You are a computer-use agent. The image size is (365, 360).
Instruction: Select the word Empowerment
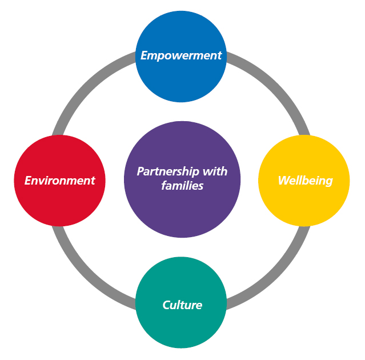click(x=182, y=55)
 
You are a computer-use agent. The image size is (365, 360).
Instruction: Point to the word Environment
click(x=59, y=181)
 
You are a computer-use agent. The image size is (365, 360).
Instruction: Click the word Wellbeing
click(x=305, y=181)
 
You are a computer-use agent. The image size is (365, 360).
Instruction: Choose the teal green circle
click(x=182, y=326)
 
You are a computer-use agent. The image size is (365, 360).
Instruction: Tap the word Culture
click(x=182, y=305)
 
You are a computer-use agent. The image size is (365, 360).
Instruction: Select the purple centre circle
click(x=182, y=211)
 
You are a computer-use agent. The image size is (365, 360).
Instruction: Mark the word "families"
click(x=182, y=186)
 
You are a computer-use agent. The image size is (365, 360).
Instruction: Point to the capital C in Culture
click(x=166, y=305)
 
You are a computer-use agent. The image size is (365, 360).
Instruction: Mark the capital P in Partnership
click(x=140, y=171)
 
